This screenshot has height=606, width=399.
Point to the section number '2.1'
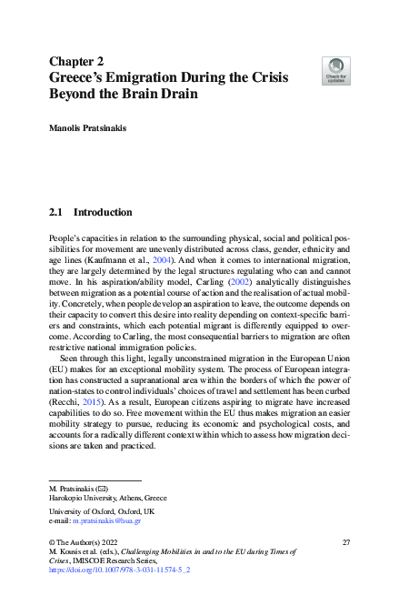click(56, 213)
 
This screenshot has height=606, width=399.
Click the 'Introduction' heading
click(103, 213)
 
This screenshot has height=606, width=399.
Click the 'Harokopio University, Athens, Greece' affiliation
click(107, 498)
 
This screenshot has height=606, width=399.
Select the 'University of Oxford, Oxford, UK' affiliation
click(99, 512)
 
